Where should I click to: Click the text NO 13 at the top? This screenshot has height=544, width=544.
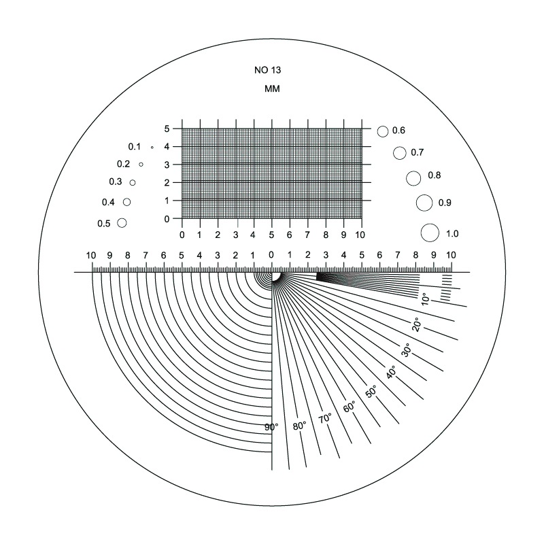[x=267, y=70]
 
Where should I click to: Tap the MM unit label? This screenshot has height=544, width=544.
[x=272, y=89]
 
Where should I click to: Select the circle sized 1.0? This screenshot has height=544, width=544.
[x=430, y=233]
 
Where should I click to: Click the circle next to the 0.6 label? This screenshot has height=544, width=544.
[x=383, y=131]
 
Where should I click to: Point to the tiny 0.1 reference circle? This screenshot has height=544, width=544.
[x=152, y=148]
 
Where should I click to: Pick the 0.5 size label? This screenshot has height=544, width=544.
[x=104, y=224]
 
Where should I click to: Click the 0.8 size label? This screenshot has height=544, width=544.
[x=434, y=175]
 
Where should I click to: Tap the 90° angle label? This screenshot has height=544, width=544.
[x=271, y=427]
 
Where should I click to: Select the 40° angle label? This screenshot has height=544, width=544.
[x=391, y=372]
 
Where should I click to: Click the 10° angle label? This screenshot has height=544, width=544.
[x=425, y=299]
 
